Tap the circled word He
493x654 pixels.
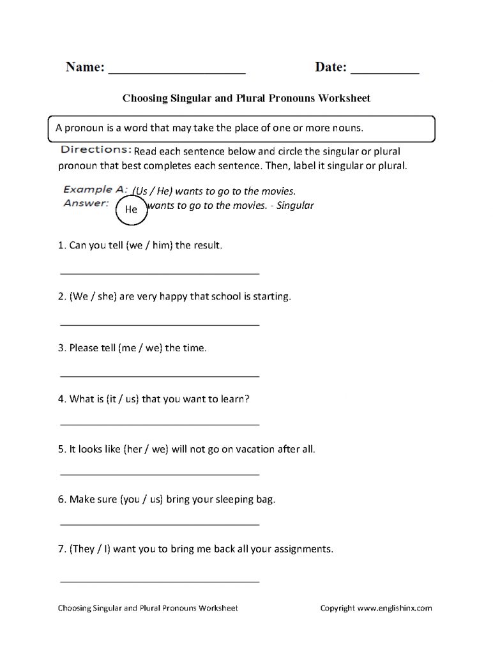point(131,209)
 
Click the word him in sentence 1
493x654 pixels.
point(162,245)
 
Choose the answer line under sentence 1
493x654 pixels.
point(160,273)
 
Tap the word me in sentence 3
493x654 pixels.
point(128,348)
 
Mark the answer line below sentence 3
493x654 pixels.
point(160,376)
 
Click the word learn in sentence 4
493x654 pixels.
point(232,399)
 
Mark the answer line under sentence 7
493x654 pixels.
point(160,581)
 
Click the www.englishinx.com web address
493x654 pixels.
point(395,608)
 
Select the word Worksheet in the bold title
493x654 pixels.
point(345,99)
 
